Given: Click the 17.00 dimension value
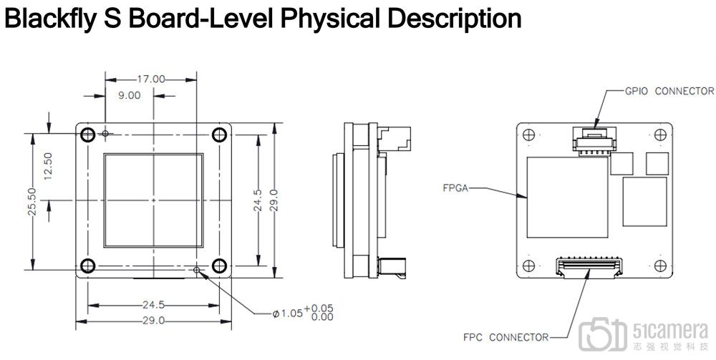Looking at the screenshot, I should tap(150, 79).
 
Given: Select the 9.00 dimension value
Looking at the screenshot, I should tap(130, 95).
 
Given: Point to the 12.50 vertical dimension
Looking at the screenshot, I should tap(48, 166).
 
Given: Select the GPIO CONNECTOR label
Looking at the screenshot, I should tap(669, 91).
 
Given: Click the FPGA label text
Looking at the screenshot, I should tap(456, 190).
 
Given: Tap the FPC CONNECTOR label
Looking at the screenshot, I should tap(505, 336).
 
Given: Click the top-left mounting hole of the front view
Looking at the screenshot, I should tap(88, 134).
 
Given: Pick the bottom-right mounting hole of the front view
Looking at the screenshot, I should tap(218, 266).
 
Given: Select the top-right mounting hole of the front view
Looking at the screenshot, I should tap(218, 134).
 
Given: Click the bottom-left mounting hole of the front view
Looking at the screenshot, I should tap(88, 266).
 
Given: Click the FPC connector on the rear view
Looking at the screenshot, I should tap(589, 268).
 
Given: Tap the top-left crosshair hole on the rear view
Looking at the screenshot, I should tap(528, 134).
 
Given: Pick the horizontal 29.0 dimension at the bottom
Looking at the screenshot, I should tap(153, 321).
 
